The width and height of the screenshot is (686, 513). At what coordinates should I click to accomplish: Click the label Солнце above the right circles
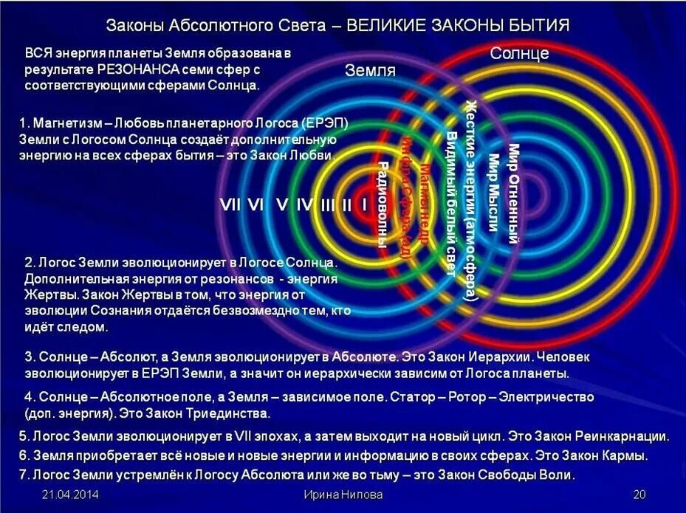click(x=519, y=53)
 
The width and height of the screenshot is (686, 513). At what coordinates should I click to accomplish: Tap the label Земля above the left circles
click(x=370, y=71)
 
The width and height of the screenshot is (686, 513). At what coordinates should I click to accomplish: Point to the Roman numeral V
click(x=281, y=205)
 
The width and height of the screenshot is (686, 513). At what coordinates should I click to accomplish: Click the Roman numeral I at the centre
click(x=363, y=205)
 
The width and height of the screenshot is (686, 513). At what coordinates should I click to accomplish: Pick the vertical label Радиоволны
click(x=383, y=204)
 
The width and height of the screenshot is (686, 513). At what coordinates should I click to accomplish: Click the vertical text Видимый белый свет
click(x=450, y=203)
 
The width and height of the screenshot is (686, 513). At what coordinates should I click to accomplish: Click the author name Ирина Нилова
click(x=343, y=494)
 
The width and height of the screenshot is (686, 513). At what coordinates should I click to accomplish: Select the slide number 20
click(x=639, y=494)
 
